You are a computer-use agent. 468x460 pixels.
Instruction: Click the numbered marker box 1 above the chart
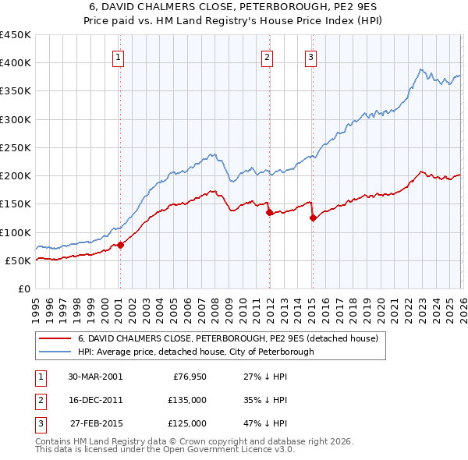coord(118,56)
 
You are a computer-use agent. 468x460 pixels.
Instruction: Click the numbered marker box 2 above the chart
coord(267,56)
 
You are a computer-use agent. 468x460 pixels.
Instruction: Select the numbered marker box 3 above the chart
coord(310,56)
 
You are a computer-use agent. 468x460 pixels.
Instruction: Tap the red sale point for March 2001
coord(121,245)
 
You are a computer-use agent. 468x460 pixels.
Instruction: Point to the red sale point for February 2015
coord(313,218)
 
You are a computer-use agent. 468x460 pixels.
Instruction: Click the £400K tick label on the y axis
coord(16,63)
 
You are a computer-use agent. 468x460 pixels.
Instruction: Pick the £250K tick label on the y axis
coord(16,147)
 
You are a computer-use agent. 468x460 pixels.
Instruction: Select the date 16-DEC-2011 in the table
coord(94,400)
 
